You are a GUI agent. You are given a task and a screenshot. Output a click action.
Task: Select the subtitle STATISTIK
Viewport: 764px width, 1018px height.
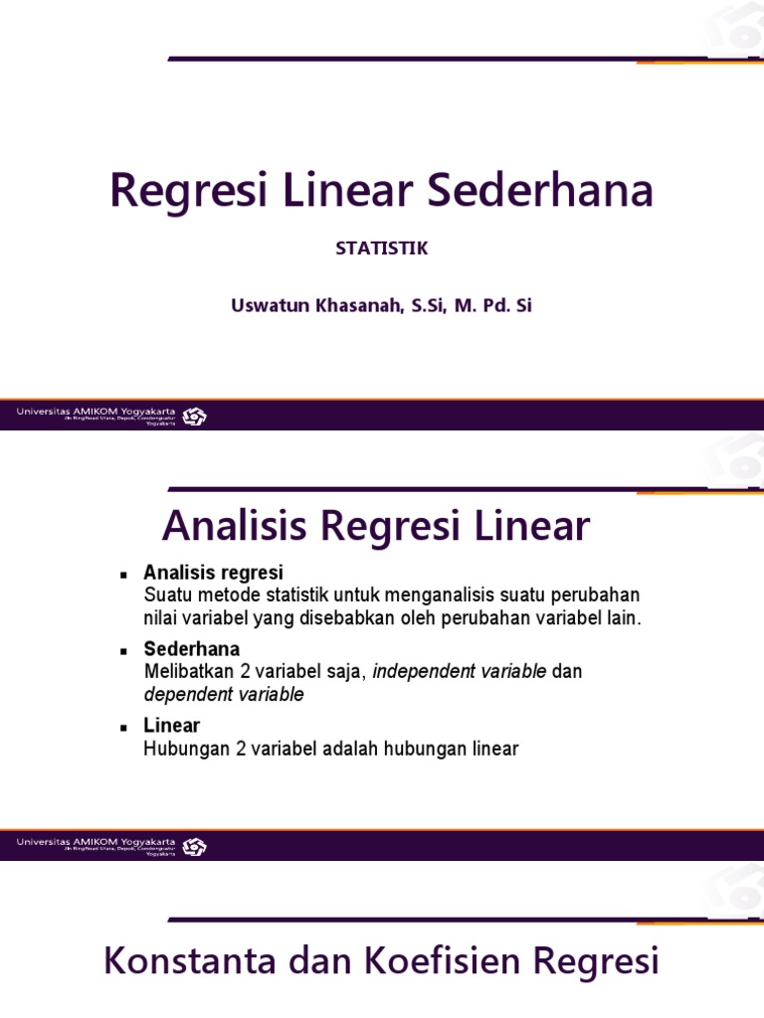382,249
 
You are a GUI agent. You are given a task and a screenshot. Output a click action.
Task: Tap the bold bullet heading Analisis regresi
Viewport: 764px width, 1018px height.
213,573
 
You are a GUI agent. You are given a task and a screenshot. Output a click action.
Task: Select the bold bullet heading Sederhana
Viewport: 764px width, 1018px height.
192,649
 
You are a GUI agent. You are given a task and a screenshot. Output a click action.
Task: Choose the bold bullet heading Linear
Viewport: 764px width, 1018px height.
171,726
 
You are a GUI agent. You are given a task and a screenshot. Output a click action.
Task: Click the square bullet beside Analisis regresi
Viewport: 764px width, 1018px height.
123,575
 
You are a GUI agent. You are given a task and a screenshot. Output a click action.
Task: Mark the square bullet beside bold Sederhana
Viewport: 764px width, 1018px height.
123,651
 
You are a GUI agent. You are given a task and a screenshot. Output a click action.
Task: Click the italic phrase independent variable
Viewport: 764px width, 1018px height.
459,672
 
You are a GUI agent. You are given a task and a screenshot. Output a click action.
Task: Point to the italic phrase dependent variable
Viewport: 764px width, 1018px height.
224,695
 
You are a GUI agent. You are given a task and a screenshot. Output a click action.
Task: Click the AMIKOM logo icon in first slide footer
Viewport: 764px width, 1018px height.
194,417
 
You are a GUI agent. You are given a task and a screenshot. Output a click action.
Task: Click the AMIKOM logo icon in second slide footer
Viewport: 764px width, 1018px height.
194,846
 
